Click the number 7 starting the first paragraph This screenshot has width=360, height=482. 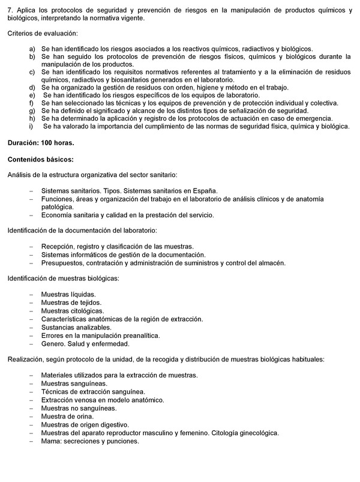(10, 10)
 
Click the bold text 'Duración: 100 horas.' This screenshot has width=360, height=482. (40, 143)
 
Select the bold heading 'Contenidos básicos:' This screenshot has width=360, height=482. (40, 159)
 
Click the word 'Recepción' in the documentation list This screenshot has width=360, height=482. (59, 247)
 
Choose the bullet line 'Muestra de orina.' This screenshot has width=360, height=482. (68, 416)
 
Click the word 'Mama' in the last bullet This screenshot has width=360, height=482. (51, 441)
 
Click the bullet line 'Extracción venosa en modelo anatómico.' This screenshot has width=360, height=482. (103, 399)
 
